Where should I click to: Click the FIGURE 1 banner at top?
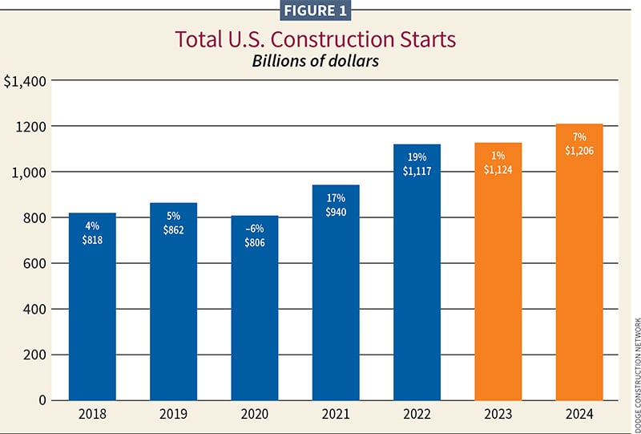coord(320,10)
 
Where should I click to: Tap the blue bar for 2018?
coord(92,321)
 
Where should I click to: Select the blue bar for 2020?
coord(255,321)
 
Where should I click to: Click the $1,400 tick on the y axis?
coord(26,81)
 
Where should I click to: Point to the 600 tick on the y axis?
coord(34,264)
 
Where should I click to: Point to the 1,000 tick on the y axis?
coord(30,172)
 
